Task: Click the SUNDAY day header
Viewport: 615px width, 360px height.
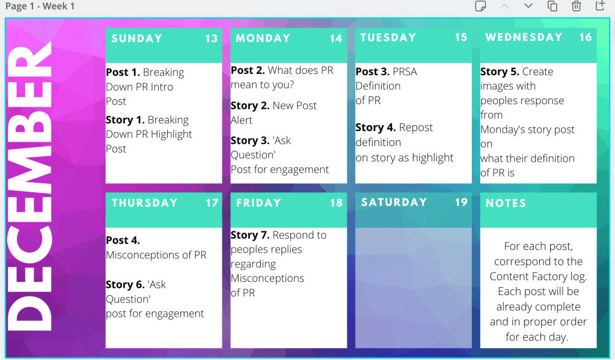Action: (136, 38)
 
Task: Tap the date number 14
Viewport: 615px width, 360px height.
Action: (335, 38)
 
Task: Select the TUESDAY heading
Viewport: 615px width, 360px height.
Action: (388, 38)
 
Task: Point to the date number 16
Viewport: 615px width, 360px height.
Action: (585, 37)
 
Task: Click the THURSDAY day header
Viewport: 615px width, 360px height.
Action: (144, 203)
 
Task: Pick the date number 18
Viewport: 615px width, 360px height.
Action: (336, 203)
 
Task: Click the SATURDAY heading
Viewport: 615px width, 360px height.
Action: (394, 202)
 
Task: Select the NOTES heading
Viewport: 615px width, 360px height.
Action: (506, 203)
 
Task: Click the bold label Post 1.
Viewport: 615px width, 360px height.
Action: (123, 73)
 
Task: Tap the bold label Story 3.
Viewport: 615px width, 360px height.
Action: (250, 141)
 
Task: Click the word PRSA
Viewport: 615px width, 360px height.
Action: (405, 72)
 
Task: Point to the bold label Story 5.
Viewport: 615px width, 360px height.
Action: (500, 72)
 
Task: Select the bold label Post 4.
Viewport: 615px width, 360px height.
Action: (123, 240)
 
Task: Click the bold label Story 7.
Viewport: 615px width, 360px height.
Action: (250, 235)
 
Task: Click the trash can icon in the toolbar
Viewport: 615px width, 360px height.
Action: (576, 6)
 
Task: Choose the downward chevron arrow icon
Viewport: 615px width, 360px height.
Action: (528, 6)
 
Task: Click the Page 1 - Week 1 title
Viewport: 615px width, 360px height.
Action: (40, 6)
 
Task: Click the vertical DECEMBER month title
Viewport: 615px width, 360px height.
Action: (30, 186)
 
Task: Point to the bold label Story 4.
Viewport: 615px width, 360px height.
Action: (375, 127)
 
